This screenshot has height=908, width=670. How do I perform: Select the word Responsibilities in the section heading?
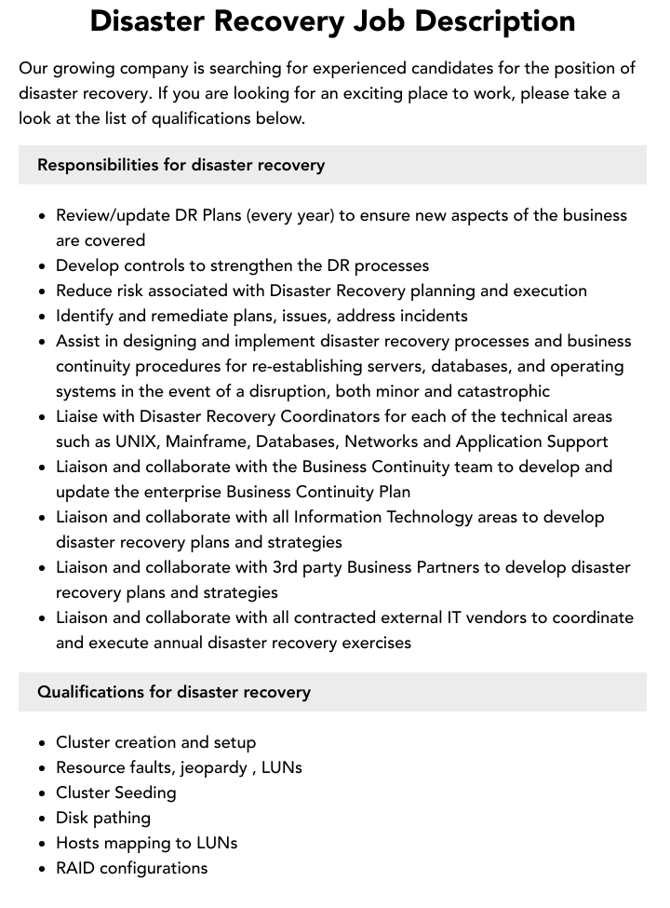pos(98,165)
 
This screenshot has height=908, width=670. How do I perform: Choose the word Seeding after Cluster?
pos(146,793)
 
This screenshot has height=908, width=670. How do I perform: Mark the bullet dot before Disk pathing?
pos(43,819)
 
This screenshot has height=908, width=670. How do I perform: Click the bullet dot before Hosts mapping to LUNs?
pos(43,844)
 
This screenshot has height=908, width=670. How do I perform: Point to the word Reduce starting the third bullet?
pos(83,291)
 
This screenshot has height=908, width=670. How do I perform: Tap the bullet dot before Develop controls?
pos(43,266)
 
